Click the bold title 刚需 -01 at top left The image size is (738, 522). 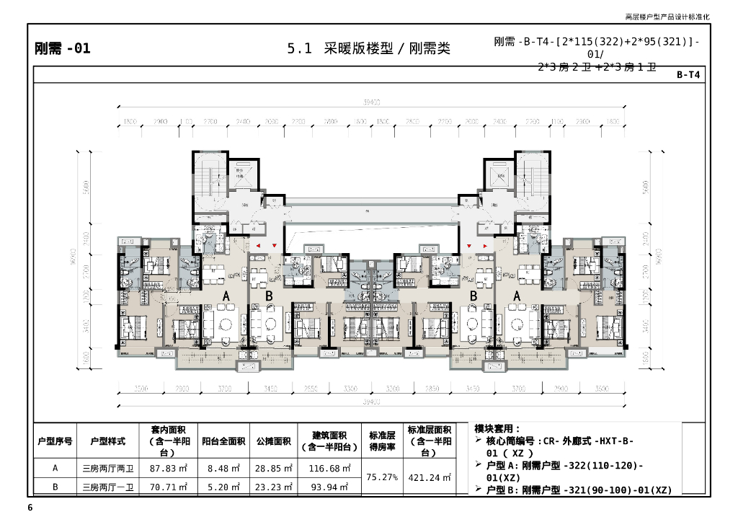(63, 49)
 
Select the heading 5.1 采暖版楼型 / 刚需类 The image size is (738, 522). (368, 49)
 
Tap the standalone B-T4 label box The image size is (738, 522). (688, 74)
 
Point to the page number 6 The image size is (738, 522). (30, 508)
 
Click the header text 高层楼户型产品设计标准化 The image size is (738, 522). (667, 17)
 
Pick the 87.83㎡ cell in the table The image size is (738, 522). (167, 469)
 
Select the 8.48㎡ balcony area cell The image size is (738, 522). (223, 469)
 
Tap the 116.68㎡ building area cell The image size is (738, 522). (329, 469)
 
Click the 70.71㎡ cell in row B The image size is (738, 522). (167, 487)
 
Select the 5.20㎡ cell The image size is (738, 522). (223, 487)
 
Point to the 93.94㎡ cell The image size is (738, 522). (329, 487)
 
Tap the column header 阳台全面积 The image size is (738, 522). (223, 441)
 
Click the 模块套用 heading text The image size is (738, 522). (497, 429)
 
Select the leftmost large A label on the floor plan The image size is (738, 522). (226, 296)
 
